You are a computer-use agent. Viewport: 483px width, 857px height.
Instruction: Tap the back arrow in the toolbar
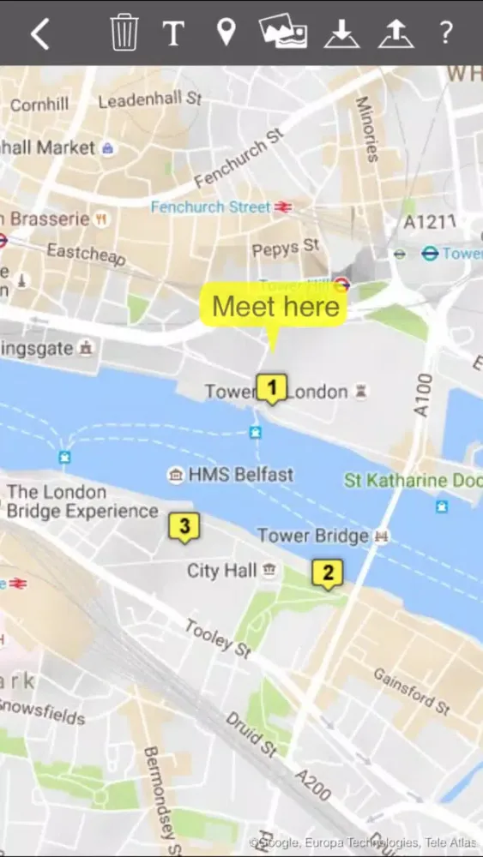[x=39, y=33]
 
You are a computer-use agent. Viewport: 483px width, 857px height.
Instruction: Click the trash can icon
[x=124, y=33]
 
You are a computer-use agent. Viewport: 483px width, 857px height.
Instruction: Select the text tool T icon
[x=174, y=33]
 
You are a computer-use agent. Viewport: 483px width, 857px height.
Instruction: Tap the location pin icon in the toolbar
[x=226, y=33]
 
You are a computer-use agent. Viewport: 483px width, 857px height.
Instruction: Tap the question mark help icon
[x=445, y=33]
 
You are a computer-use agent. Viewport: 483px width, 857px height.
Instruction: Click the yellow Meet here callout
[x=274, y=307]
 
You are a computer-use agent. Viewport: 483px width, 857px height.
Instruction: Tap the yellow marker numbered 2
[x=327, y=572]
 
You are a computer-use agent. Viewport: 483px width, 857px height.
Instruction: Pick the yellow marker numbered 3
[x=184, y=526]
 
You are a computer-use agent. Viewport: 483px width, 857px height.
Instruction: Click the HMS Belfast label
[x=240, y=475]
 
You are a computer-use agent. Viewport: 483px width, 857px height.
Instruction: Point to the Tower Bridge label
[x=313, y=536]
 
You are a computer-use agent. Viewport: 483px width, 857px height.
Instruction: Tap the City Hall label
[x=222, y=571]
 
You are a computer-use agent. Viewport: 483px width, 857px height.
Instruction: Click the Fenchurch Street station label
[x=211, y=207]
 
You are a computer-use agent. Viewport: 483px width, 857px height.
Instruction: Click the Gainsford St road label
[x=411, y=691]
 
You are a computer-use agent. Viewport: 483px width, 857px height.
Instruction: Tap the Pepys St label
[x=286, y=249]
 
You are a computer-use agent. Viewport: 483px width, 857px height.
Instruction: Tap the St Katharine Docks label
[x=413, y=481]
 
